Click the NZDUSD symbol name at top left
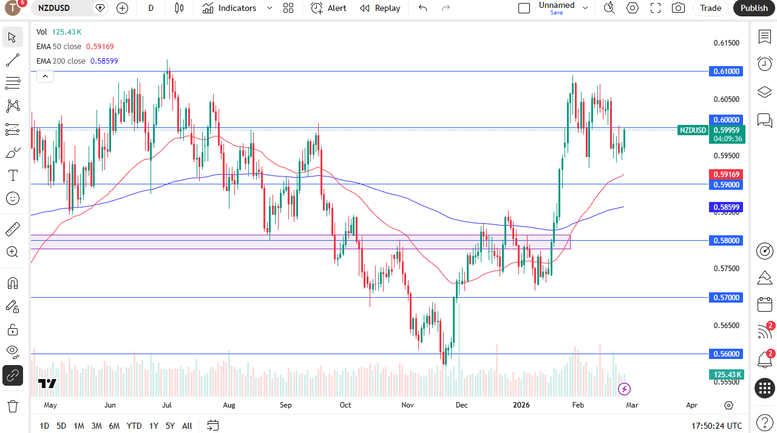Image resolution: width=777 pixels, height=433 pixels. [x=54, y=8]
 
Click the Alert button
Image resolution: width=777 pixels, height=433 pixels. [x=329, y=8]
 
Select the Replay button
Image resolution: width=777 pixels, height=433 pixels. [x=380, y=8]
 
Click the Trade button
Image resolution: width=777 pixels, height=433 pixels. [x=710, y=8]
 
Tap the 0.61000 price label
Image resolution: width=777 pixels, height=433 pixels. [x=726, y=72]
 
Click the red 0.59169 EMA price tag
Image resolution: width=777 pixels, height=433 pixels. [x=726, y=175]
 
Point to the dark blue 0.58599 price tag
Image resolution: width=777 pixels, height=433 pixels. [x=726, y=207]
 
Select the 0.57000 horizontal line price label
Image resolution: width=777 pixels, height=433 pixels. [x=726, y=298]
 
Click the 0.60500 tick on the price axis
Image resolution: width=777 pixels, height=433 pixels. [x=727, y=99]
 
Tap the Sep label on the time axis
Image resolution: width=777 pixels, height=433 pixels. [x=286, y=405]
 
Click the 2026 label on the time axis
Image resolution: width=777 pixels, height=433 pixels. [x=521, y=405]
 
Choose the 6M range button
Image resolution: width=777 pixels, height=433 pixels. [x=114, y=426]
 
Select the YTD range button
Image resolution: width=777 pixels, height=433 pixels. [x=134, y=426]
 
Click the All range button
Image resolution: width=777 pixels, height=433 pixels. [x=187, y=426]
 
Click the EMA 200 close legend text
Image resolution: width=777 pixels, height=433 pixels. [x=61, y=61]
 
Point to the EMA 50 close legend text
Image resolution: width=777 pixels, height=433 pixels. [x=58, y=47]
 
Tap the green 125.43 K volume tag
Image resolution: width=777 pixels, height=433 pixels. [x=726, y=375]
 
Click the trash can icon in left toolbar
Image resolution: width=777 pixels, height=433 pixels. [x=13, y=406]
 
